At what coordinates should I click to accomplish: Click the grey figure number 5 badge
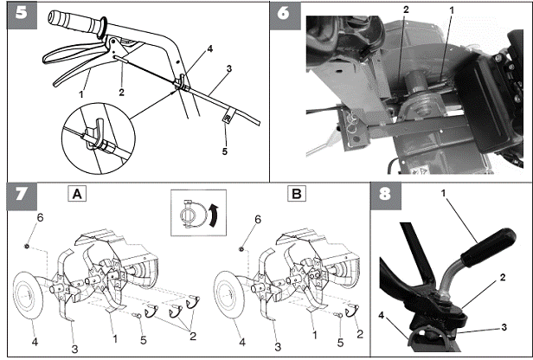point(22,16)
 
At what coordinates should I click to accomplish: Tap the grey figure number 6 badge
point(286,16)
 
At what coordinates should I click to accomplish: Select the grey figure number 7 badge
point(22,196)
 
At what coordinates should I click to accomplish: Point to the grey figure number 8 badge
point(386,196)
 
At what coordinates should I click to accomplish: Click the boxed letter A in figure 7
point(77,194)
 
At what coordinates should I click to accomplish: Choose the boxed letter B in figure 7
point(297,194)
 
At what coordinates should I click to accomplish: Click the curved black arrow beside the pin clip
point(214,215)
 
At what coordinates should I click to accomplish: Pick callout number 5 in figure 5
point(225,151)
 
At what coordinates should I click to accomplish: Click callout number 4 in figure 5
point(210,49)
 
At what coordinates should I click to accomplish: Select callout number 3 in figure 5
point(229,68)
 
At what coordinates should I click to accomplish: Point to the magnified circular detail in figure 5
point(99,138)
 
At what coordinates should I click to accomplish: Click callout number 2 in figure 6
point(406,10)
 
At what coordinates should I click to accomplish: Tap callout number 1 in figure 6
point(452,10)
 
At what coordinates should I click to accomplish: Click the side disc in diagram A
point(28,295)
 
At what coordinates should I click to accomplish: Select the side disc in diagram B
point(228,295)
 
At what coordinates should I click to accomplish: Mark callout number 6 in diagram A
point(40,217)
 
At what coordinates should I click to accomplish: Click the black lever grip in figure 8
point(489,247)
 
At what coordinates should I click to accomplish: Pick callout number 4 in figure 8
point(382,316)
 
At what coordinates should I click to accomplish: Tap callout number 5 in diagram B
point(340,343)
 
